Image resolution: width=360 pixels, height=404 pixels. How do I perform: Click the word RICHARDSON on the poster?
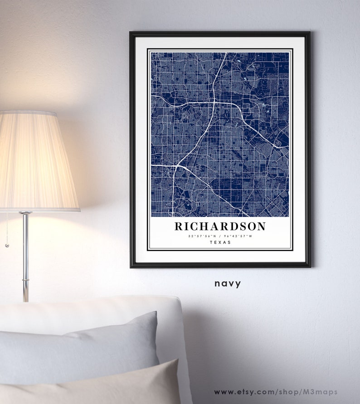coord(220,226)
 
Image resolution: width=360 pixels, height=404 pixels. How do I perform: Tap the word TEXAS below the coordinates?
coord(220,243)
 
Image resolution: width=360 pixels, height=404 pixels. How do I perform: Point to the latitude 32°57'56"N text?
coord(203,236)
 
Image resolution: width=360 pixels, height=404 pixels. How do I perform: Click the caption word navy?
coord(228,284)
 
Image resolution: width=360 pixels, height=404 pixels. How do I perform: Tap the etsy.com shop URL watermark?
coord(276,392)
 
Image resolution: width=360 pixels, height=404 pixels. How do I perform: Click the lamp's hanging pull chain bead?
coord(7,245)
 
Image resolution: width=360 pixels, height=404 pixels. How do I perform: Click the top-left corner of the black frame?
coord(131,33)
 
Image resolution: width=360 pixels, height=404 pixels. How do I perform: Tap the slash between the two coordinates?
coord(220,236)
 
